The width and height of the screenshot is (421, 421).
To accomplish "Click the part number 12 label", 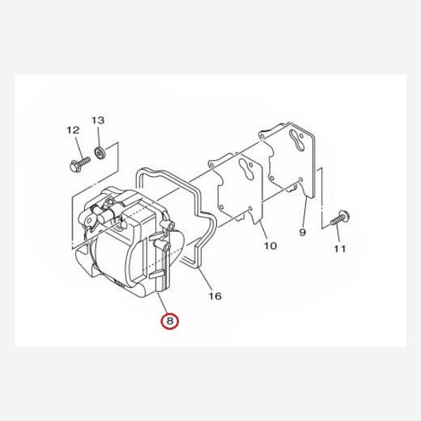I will [73, 130].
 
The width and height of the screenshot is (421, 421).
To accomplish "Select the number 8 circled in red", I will [170, 322].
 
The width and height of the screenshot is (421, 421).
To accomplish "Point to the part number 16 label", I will [215, 297].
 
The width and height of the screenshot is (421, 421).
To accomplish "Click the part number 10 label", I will [270, 246].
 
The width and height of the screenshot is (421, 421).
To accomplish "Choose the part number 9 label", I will [303, 232].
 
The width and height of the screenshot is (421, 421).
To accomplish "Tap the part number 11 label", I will [340, 248].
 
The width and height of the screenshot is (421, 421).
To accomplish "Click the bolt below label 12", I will [77, 166].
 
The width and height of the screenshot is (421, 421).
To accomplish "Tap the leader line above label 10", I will [262, 228].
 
